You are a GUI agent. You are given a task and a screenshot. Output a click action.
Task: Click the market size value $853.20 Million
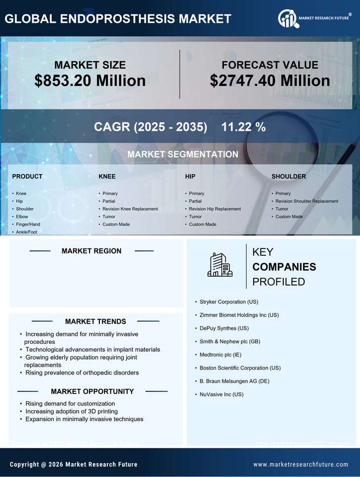click(90, 81)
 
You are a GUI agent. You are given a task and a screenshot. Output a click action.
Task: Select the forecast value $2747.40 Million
click(270, 81)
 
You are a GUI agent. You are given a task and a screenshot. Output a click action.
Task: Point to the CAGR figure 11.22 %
click(243, 127)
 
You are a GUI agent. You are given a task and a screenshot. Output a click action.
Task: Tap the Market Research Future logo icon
click(287, 19)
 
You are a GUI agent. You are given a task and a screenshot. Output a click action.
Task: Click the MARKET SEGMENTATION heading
click(182, 154)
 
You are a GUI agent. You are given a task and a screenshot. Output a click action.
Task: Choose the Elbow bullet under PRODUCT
click(22, 217)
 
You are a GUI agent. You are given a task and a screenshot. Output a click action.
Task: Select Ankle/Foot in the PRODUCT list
click(26, 232)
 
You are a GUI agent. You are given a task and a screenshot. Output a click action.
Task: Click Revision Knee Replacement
click(130, 209)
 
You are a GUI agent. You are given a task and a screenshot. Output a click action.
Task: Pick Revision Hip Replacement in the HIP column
click(215, 209)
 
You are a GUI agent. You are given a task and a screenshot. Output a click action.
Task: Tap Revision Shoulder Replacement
click(307, 201)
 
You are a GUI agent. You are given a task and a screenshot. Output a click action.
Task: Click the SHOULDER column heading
click(289, 177)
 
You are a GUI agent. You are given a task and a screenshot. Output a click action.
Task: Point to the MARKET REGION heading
click(91, 251)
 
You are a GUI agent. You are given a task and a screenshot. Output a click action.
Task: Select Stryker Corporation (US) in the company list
click(229, 302)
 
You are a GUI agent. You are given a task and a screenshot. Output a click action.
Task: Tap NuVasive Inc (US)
click(222, 394)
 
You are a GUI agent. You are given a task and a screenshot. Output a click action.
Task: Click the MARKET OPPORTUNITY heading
click(92, 391)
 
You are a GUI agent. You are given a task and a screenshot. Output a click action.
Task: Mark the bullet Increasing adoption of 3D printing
click(72, 411)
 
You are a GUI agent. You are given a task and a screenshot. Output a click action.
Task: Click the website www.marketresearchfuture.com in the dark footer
click(301, 465)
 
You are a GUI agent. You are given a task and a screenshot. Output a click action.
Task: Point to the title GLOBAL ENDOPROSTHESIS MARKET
click(118, 19)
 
